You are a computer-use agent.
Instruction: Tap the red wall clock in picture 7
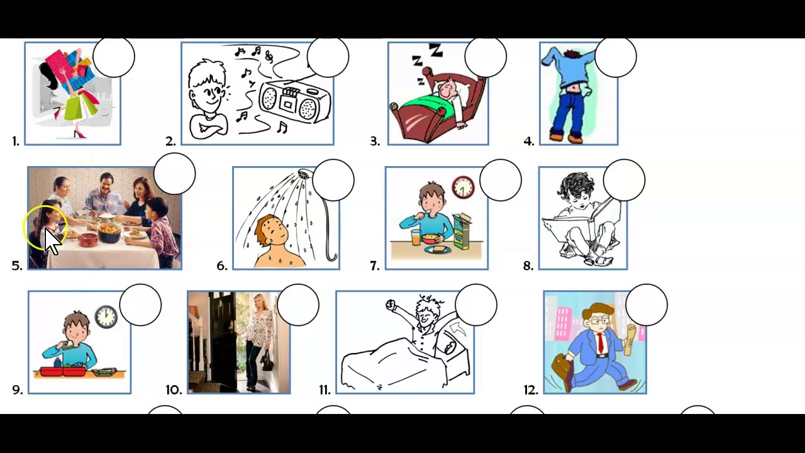[x=463, y=187]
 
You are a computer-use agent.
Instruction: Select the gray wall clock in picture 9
[x=106, y=316]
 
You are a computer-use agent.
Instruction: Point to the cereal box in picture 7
[x=462, y=231]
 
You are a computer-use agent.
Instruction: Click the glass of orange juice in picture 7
[x=416, y=237]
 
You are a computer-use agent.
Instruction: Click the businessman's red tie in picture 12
[x=601, y=344]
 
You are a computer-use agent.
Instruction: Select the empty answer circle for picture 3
[x=486, y=57]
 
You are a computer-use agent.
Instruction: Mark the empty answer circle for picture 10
[x=298, y=305]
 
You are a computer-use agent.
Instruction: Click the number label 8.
[x=528, y=266]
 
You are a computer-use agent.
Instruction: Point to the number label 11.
[x=325, y=390]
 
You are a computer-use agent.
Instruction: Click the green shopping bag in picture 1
[x=75, y=106]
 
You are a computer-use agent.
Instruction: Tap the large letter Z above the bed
[x=436, y=50]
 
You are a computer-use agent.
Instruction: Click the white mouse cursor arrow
[x=52, y=241]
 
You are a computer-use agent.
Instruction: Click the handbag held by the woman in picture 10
[x=267, y=361]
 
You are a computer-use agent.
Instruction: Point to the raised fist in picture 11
[x=391, y=305]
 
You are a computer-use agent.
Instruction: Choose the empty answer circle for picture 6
[x=333, y=180]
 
